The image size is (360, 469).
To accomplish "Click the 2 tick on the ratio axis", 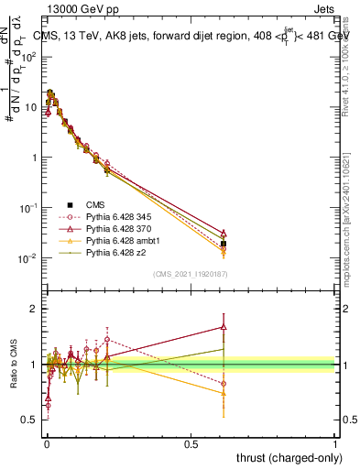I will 34,310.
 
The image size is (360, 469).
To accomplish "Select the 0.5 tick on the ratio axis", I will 30,420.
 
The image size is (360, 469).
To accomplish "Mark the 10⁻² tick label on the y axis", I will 27,258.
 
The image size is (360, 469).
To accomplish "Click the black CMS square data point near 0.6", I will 224,244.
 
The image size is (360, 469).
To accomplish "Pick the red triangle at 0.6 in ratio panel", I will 224,326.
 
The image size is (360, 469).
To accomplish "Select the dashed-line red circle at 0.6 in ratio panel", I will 224,384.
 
